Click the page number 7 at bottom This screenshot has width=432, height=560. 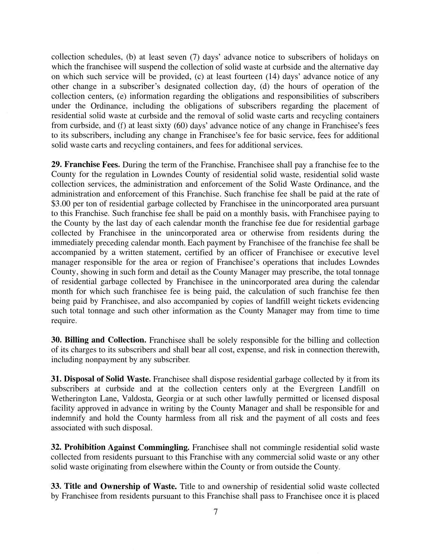pos(215,511)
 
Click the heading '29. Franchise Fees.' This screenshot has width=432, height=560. pos(85,165)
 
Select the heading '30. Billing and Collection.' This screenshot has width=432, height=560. pos(99,340)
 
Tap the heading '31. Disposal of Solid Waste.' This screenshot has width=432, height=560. pos(101,379)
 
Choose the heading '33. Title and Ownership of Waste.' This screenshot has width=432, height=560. pos(114,486)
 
